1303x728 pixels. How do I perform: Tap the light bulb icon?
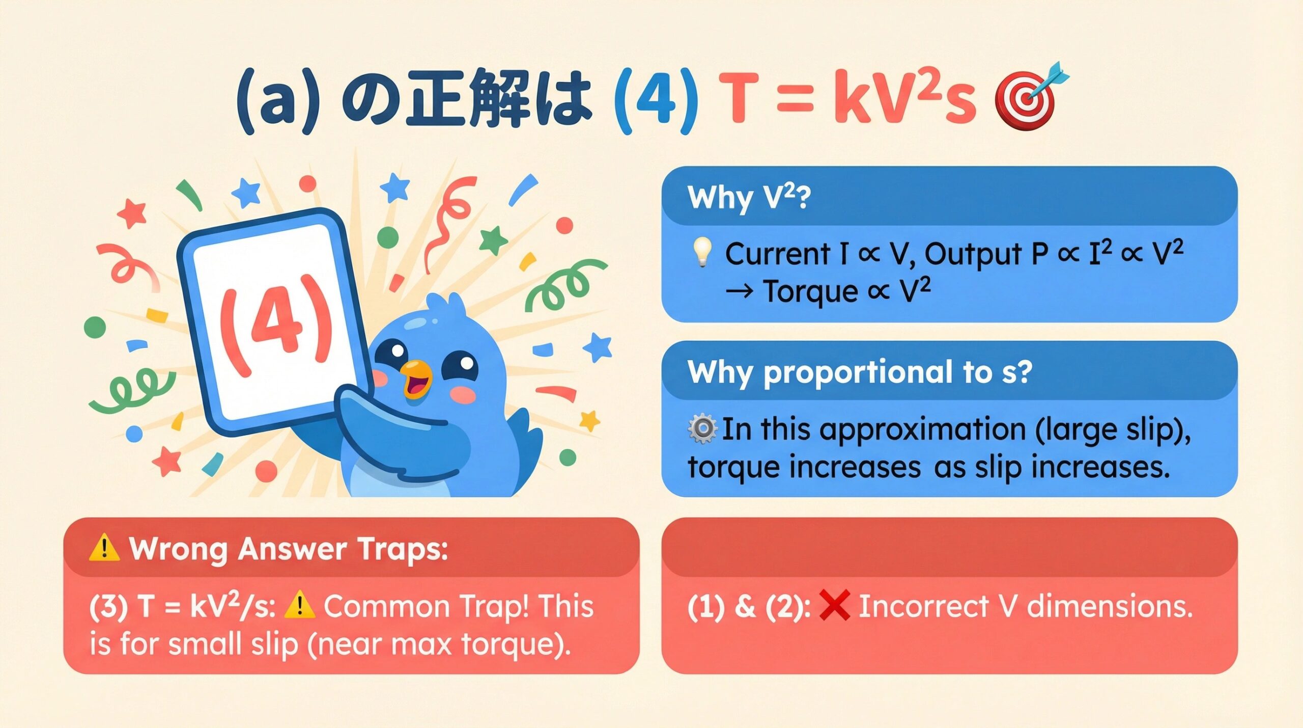click(702, 252)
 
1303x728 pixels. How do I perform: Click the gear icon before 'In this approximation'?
click(702, 428)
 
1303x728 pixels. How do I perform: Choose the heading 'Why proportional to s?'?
click(860, 373)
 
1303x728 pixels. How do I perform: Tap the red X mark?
click(835, 605)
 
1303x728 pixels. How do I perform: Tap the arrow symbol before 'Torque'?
click(739, 292)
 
